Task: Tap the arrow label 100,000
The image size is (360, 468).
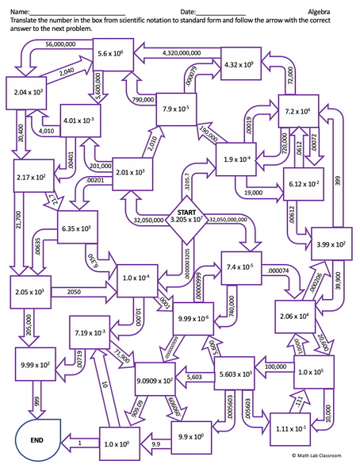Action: pyautogui.click(x=275, y=367)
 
